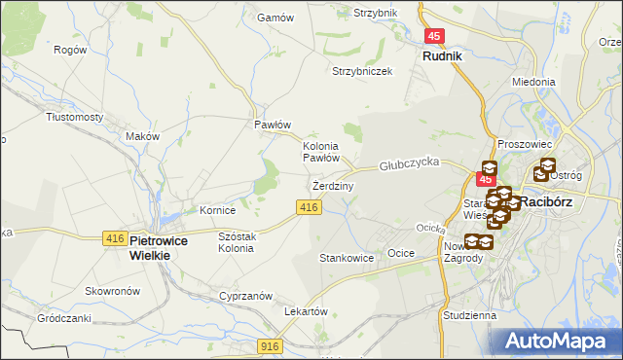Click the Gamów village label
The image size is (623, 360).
tap(268, 18)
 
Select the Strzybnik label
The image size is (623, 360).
tap(376, 13)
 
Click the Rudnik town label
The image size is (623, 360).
tap(442, 56)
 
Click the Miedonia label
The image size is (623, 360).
tap(533, 82)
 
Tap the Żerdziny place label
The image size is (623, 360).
tap(333, 185)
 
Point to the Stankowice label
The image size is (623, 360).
tap(347, 258)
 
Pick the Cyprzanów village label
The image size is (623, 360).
tap(245, 295)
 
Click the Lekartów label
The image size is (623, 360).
tap(305, 310)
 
